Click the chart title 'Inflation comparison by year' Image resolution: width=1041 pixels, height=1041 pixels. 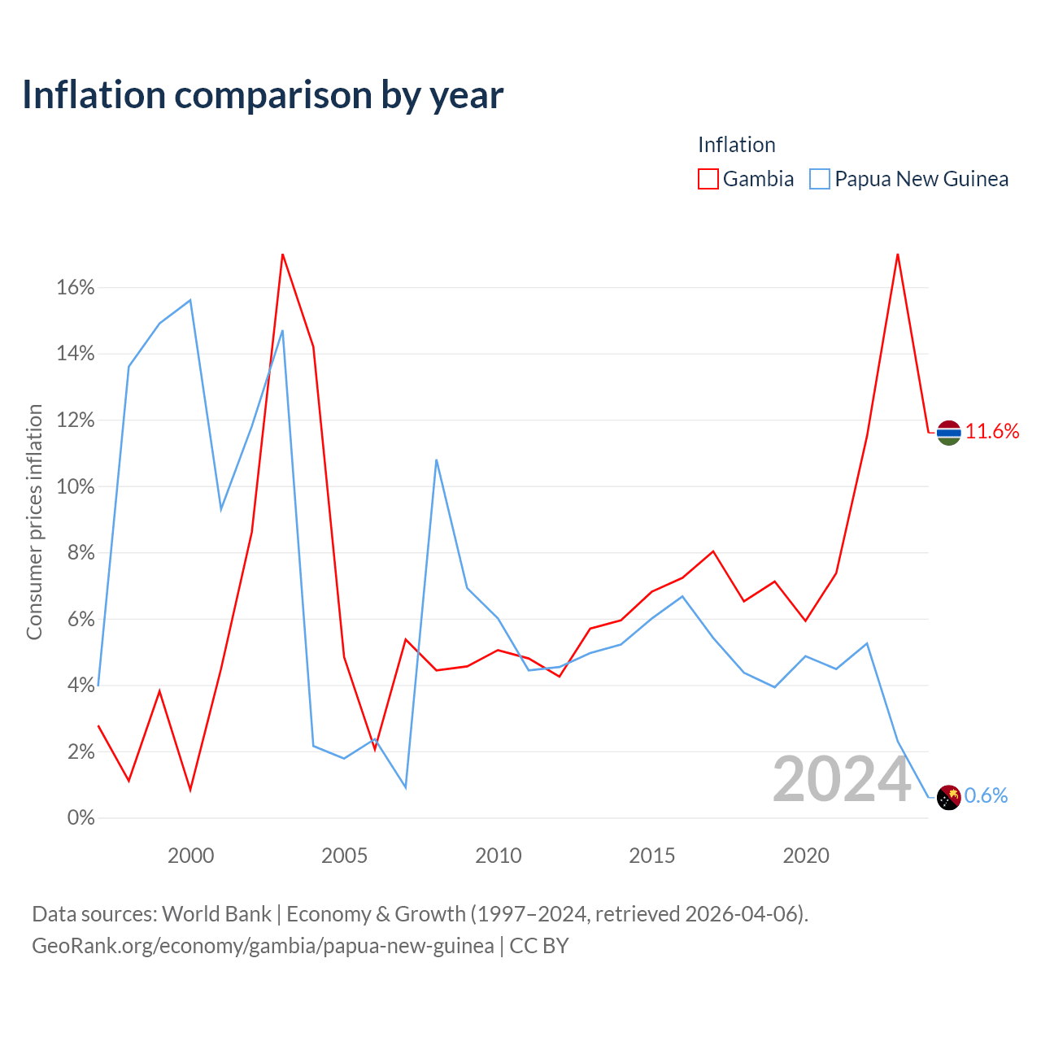click(x=263, y=96)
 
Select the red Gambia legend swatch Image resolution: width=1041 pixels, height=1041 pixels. click(x=708, y=179)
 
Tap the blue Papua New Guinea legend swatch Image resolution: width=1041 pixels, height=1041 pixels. click(x=820, y=179)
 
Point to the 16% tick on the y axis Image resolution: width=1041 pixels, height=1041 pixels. click(x=76, y=287)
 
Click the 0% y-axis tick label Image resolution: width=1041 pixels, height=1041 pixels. click(x=81, y=818)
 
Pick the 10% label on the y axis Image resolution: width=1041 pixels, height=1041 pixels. click(x=76, y=486)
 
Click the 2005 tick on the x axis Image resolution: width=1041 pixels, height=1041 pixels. click(x=344, y=856)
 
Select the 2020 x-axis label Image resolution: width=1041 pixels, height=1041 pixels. click(x=805, y=856)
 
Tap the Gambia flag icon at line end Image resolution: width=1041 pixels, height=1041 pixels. click(x=948, y=433)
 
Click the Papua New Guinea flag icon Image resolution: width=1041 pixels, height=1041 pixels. click(x=948, y=797)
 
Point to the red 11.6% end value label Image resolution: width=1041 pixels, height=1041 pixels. click(x=992, y=432)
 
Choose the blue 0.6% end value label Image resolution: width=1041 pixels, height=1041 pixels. click(x=986, y=795)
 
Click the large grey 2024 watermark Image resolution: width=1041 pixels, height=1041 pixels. click(x=842, y=780)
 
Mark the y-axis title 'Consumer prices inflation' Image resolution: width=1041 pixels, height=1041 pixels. click(x=34, y=522)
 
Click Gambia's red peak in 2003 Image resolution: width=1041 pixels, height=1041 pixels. click(x=282, y=254)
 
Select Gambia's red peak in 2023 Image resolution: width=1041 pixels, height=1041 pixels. click(x=897, y=254)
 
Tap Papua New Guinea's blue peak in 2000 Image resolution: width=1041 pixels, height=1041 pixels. click(x=190, y=300)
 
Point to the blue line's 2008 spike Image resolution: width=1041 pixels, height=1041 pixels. click(x=436, y=460)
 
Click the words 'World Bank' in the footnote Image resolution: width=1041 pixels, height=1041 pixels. click(x=216, y=914)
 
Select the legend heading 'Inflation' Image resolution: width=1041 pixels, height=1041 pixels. click(x=736, y=145)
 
